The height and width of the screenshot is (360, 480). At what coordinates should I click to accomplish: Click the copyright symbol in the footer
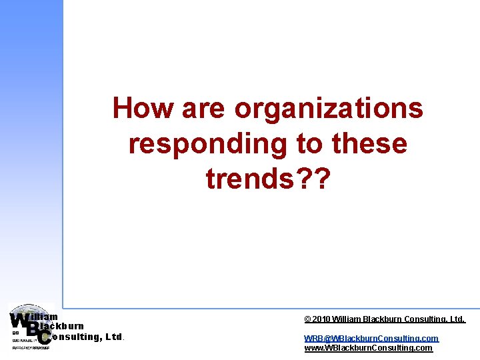pos(307,319)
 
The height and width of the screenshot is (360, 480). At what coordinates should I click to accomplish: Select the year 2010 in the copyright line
pos(321,319)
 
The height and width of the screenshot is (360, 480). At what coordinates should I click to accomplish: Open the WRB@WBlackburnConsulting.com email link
pos(371,339)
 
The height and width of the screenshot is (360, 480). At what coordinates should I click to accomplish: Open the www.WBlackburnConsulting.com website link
pos(368,348)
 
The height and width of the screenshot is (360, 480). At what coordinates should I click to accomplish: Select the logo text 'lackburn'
pos(64,327)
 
